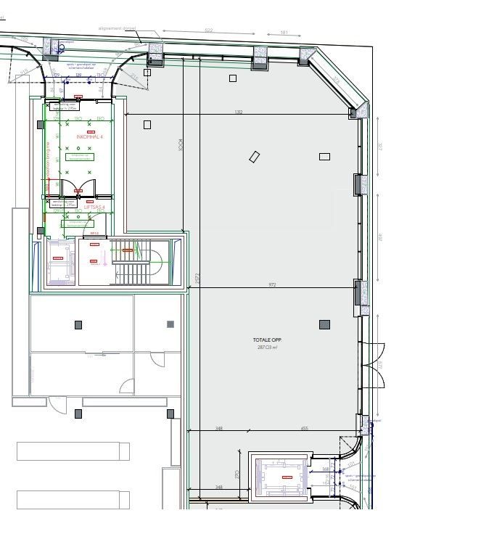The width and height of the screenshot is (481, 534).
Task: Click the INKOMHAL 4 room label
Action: [90, 136]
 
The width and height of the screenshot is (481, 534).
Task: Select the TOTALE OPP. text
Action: [266, 340]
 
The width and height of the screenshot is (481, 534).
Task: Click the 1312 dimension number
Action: [238, 112]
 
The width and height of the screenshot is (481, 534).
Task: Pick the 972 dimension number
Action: [273, 285]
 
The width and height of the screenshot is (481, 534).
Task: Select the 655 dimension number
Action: [304, 429]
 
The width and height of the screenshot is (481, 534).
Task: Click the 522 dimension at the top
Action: [208, 30]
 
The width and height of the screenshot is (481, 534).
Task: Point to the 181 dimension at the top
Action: [284, 33]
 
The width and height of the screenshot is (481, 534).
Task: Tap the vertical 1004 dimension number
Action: [180, 145]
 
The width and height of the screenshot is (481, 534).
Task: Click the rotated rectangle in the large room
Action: [254, 157]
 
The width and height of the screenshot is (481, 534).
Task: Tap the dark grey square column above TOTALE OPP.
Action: [324, 324]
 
